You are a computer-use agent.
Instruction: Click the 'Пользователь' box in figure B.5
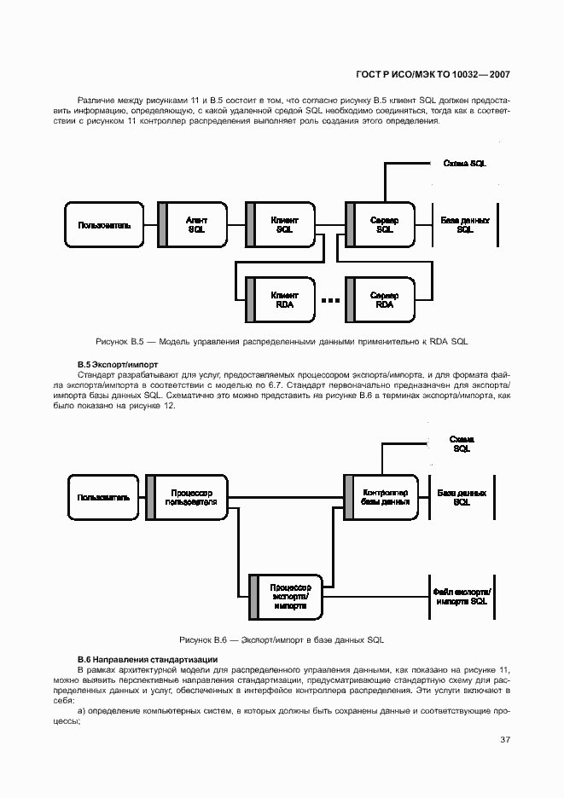pyautogui.click(x=104, y=225)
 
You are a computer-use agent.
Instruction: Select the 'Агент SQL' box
pyautogui.click(x=195, y=225)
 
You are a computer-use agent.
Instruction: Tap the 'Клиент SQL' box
pyautogui.click(x=284, y=225)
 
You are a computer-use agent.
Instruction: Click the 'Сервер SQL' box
pyautogui.click(x=384, y=225)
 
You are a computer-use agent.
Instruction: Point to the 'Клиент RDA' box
pyautogui.click(x=284, y=299)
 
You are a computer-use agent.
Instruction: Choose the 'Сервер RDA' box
pyautogui.click(x=384, y=299)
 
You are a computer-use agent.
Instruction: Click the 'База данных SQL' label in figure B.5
pyautogui.click(x=464, y=225)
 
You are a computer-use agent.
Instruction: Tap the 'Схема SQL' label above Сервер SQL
pyautogui.click(x=464, y=164)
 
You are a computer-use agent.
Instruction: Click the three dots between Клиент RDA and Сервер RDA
pyautogui.click(x=329, y=300)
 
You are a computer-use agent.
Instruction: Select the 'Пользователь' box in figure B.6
pyautogui.click(x=104, y=497)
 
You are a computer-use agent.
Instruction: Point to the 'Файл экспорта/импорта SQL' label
pyautogui.click(x=461, y=596)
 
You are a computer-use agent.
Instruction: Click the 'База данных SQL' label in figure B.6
pyautogui.click(x=462, y=497)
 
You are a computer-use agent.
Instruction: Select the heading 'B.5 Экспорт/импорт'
pyautogui.click(x=117, y=365)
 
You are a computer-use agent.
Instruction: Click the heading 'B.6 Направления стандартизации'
pyautogui.click(x=147, y=660)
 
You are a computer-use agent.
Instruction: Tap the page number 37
pyautogui.click(x=504, y=739)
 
